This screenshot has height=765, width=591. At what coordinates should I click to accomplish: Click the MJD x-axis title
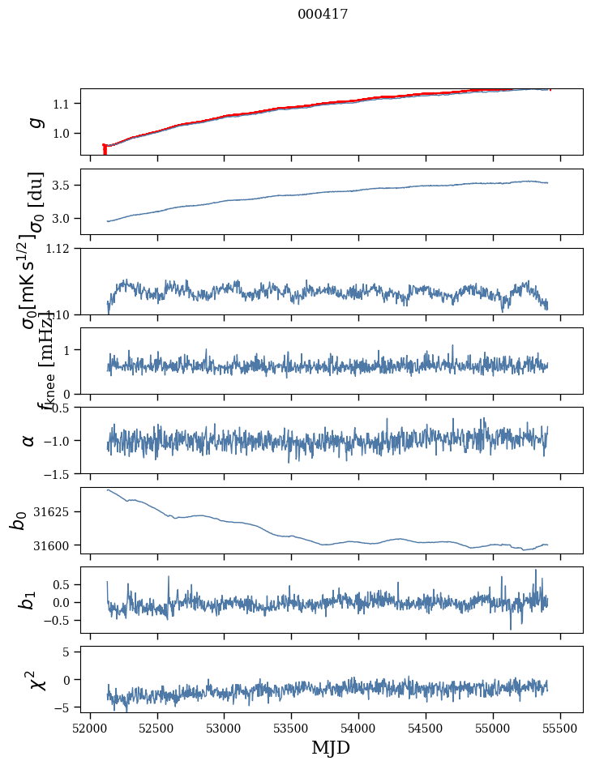pyautogui.click(x=331, y=747)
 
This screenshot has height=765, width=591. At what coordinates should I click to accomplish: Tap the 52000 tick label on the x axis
pyautogui.click(x=90, y=727)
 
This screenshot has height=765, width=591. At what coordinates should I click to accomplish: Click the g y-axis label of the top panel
pyautogui.click(x=33, y=122)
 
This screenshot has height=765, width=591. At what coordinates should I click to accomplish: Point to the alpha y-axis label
pyautogui.click(x=28, y=440)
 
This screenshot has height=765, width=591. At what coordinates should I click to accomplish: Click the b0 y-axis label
pyautogui.click(x=18, y=519)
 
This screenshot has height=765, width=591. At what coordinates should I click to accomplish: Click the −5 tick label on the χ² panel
pyautogui.click(x=65, y=707)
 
